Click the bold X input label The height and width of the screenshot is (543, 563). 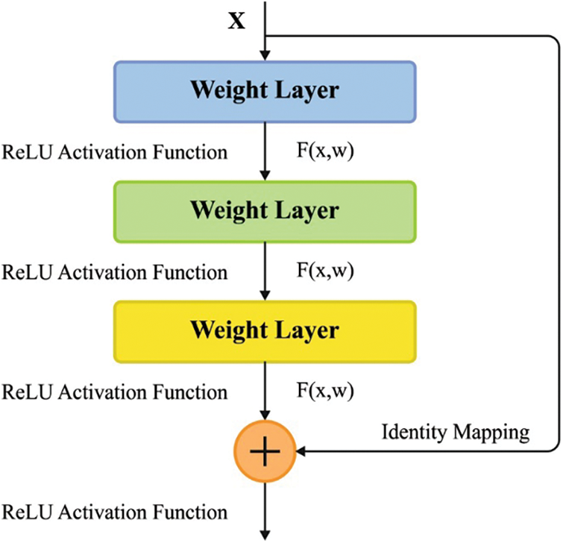[236, 20]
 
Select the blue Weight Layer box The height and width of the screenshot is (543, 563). [264, 91]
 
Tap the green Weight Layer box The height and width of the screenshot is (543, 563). [264, 210]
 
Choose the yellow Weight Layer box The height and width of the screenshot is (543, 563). [264, 330]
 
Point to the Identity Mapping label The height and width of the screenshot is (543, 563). [456, 431]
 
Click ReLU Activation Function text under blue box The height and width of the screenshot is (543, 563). [115, 152]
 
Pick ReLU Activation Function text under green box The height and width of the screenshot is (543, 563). [115, 271]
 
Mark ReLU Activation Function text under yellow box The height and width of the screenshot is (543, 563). [115, 391]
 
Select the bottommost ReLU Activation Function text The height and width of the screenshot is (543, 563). [115, 512]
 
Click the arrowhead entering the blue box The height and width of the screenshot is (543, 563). [264, 55]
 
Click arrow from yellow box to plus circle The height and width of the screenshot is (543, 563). [264, 392]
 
